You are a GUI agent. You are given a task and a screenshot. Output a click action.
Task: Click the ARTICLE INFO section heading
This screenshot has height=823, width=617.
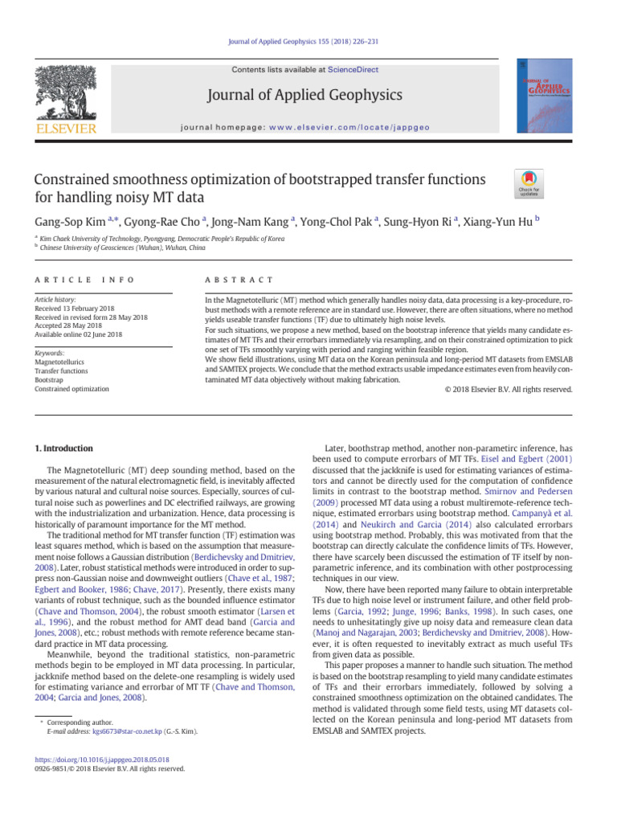click(x=84, y=279)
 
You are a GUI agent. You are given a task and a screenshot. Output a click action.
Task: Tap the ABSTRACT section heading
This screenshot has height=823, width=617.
click(x=239, y=279)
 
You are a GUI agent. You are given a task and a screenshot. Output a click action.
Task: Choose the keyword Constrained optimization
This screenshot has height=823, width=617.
click(x=72, y=389)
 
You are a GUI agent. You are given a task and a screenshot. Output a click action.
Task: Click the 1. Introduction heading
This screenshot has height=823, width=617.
click(x=63, y=448)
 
